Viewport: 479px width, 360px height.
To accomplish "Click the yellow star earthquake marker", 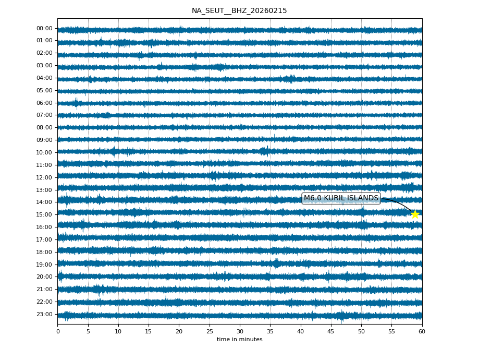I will tap(415, 214).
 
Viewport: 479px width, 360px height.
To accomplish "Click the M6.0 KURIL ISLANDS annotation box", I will tap(341, 198).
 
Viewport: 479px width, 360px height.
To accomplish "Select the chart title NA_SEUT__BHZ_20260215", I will tap(239, 11).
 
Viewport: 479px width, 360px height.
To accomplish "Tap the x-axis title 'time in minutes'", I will tap(239, 340).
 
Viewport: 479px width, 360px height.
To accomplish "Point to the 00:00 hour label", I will tap(44, 29).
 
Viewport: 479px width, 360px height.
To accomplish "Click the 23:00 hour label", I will tap(44, 314).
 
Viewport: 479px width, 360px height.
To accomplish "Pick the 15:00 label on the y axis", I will tap(44, 214).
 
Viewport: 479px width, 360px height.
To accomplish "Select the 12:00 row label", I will tap(44, 177).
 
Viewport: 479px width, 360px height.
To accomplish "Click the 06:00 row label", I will tap(44, 103).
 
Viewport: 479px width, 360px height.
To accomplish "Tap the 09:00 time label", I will tap(44, 140).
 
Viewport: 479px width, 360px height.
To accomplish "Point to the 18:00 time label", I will tap(44, 252).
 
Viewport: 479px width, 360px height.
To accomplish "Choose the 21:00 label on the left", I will tap(44, 289).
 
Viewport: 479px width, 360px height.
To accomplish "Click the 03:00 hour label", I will tap(44, 66).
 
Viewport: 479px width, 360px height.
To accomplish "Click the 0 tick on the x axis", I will tap(58, 331).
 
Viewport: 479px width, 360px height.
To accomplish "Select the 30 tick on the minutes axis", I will tap(240, 331).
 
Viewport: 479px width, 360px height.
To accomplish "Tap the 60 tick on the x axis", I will tap(422, 331).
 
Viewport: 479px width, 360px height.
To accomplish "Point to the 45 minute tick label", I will tap(331, 331).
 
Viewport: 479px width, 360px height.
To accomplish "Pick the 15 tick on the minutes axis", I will tap(149, 331).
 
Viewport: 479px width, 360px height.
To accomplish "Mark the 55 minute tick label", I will tap(391, 331).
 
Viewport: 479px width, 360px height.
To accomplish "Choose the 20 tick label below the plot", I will tap(179, 331).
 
